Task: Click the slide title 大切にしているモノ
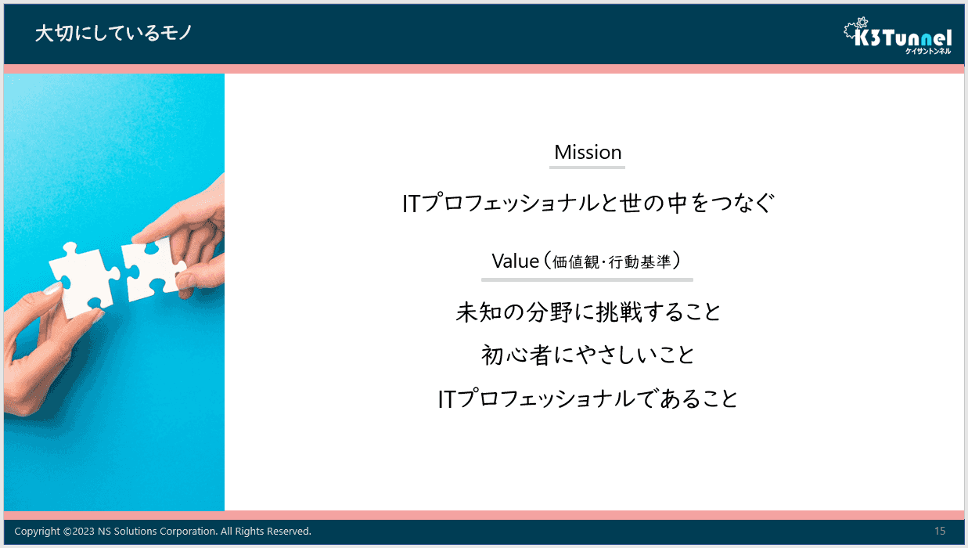pyautogui.click(x=113, y=34)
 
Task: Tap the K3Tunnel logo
pyautogui.click(x=898, y=36)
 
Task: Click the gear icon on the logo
pyautogui.click(x=862, y=22)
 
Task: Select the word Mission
pyautogui.click(x=588, y=152)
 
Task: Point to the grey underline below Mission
pyautogui.click(x=587, y=168)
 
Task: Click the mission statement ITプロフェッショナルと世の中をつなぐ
pyautogui.click(x=588, y=203)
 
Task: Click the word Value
pyautogui.click(x=516, y=261)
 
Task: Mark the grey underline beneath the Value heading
pyautogui.click(x=587, y=280)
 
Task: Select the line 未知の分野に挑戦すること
pyautogui.click(x=588, y=312)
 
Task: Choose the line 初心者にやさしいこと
pyautogui.click(x=588, y=355)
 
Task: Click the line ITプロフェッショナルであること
pyautogui.click(x=588, y=398)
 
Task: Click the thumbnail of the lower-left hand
pyautogui.click(x=52, y=289)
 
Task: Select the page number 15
pyautogui.click(x=940, y=531)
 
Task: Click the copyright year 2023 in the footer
pyautogui.click(x=84, y=531)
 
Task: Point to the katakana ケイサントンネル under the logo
pyautogui.click(x=928, y=51)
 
